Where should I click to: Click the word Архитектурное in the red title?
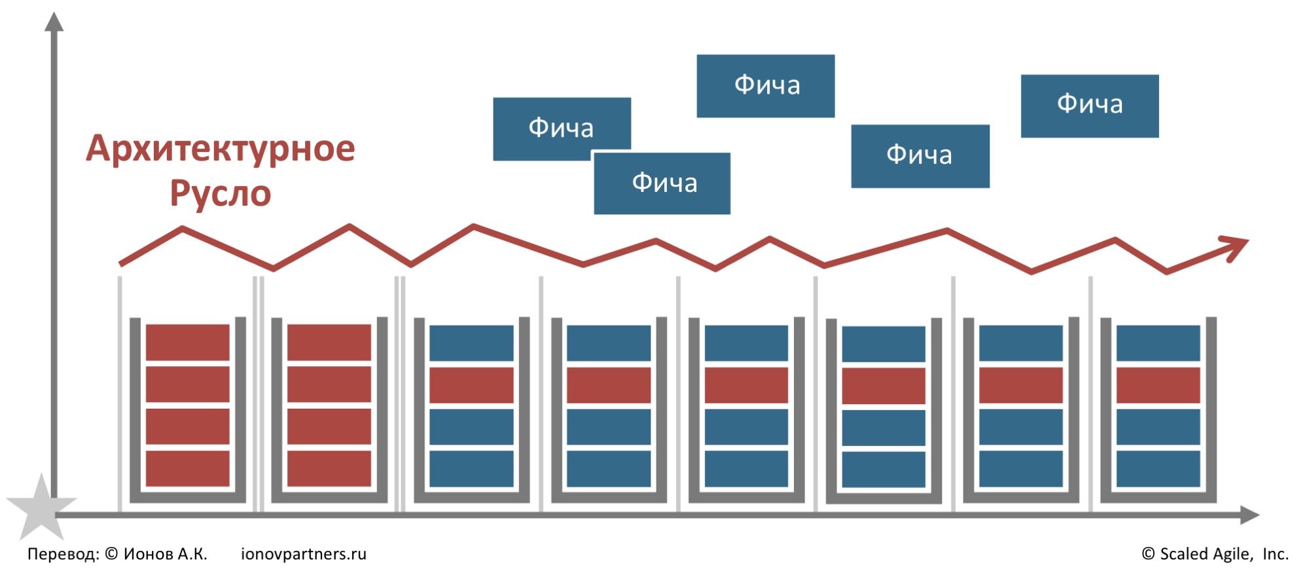[221, 149]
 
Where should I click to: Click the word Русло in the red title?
[221, 193]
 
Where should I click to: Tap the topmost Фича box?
[765, 86]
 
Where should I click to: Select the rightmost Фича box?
[1089, 105]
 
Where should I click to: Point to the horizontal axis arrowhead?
[1249, 515]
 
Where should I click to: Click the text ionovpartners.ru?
[304, 554]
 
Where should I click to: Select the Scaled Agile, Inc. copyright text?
[1215, 554]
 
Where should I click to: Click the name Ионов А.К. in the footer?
[165, 554]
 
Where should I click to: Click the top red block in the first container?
[187, 342]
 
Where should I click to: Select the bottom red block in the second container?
[329, 468]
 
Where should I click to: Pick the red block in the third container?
[471, 384]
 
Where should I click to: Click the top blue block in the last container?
[1158, 343]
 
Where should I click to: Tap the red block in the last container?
[1158, 384]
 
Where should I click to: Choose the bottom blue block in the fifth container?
[746, 468]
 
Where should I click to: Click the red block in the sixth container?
[883, 386]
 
